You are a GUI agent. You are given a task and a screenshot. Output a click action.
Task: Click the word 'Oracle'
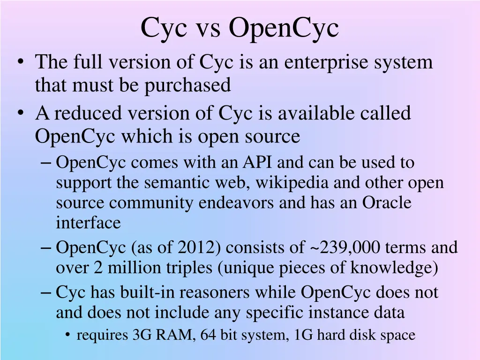point(387,203)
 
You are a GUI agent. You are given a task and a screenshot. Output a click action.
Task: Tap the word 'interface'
point(88,223)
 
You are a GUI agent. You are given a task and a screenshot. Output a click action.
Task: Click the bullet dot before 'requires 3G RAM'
point(68,335)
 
